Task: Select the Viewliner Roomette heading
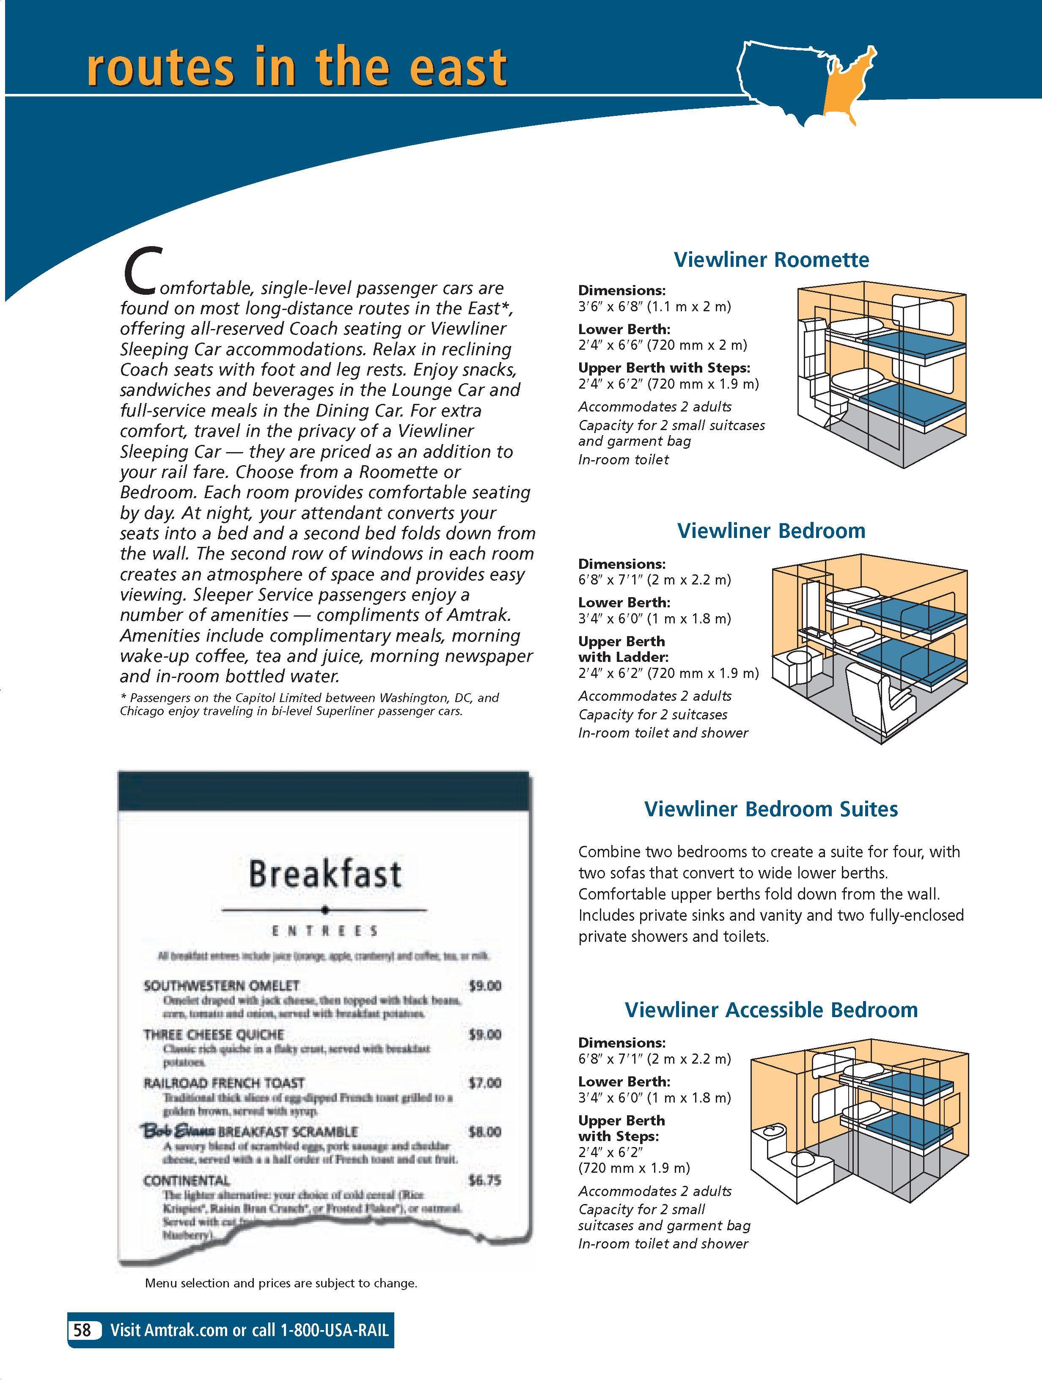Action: (x=771, y=260)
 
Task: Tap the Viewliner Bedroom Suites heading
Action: (x=771, y=809)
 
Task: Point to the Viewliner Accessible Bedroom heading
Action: (x=771, y=1010)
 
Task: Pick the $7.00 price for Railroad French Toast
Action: (x=485, y=1083)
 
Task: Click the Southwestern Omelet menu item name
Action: (x=222, y=986)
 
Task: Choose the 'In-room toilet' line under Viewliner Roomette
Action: (x=623, y=460)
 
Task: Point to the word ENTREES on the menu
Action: (x=324, y=931)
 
